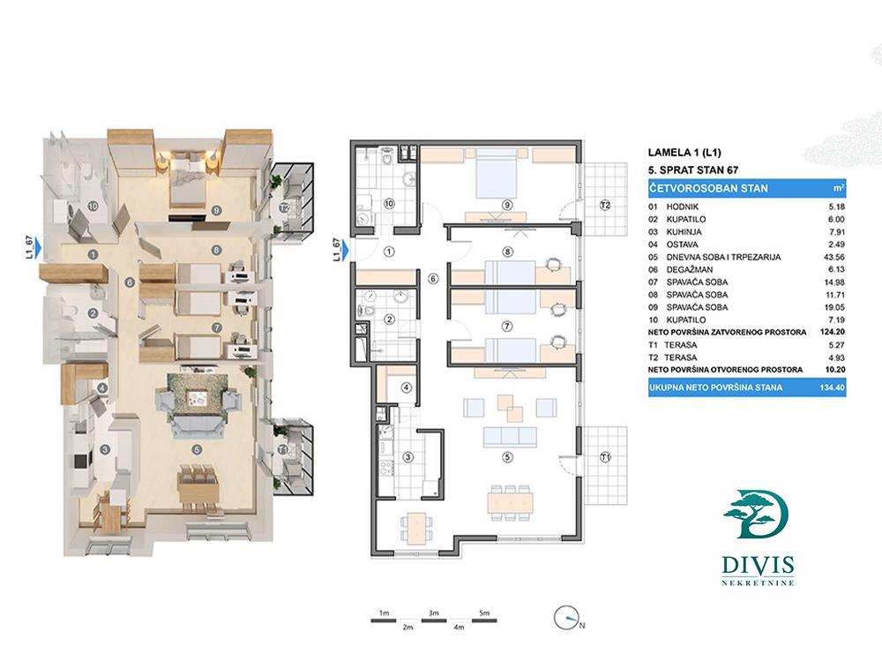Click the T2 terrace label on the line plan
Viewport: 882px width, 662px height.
click(x=605, y=205)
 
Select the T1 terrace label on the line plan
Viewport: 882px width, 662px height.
click(x=605, y=456)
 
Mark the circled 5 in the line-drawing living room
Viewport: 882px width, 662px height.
click(x=506, y=457)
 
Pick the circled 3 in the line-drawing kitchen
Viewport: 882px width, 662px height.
click(x=408, y=456)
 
